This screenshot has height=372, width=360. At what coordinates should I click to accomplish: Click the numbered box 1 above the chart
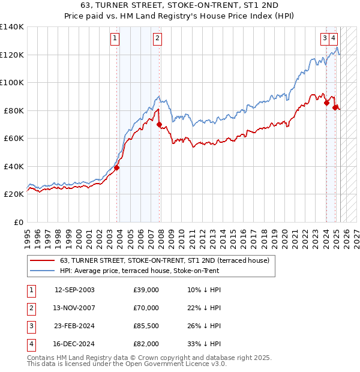(x=115, y=39)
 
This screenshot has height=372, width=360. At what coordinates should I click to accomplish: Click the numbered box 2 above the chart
(x=157, y=39)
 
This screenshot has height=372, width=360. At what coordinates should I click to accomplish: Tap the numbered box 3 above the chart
(x=325, y=39)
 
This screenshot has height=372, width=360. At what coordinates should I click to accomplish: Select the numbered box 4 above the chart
(x=333, y=39)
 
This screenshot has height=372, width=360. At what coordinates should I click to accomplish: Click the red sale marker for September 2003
(x=117, y=168)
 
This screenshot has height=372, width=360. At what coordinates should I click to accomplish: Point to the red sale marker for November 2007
(x=160, y=125)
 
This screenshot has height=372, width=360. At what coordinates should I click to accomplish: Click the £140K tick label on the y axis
(x=12, y=27)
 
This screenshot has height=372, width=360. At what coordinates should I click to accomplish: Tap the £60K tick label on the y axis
(x=14, y=139)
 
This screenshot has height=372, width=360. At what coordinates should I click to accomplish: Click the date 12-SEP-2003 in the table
(x=74, y=290)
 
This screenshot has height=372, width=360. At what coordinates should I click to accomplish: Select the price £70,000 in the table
(x=146, y=308)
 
